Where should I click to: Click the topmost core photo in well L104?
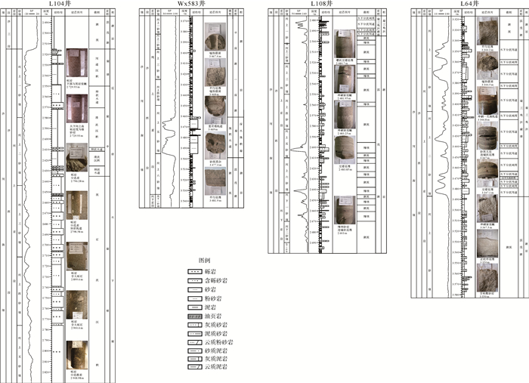tap(73, 63)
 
